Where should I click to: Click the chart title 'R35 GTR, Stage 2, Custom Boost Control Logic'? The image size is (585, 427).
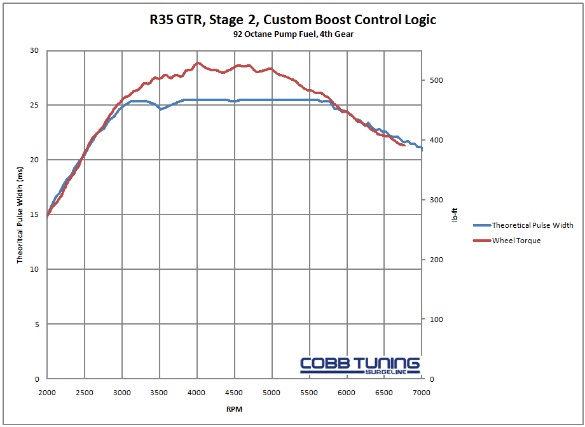pos(293,20)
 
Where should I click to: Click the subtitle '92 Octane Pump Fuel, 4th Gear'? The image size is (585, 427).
pos(293,34)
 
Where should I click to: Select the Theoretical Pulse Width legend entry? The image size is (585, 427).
pos(532,225)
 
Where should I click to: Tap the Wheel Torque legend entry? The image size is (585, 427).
pos(516,241)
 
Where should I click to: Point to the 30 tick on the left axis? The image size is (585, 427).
pos(34,51)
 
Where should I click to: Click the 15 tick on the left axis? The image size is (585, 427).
pos(34,215)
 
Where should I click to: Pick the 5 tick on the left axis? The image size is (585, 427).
pos(37,325)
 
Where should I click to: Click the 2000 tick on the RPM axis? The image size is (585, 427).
pos(48,393)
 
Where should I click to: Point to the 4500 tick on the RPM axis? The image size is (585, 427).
pos(235,393)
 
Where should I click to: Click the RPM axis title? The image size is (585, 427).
pos(234,409)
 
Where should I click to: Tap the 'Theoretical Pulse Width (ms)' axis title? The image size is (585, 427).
pos(20,215)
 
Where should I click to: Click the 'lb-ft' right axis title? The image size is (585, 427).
pos(455,215)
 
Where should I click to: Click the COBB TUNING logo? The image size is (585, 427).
pos(360,365)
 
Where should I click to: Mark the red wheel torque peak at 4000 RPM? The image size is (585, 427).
pos(198,63)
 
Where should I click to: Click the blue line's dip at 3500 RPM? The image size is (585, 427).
pos(161,109)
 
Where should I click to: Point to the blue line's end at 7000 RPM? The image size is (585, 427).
pos(422,149)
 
